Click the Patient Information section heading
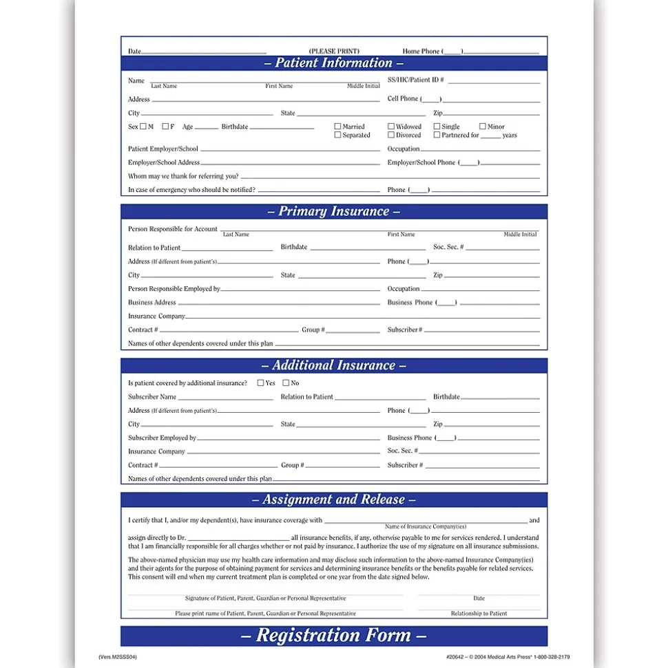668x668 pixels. (x=334, y=63)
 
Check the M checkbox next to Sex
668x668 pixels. (x=143, y=127)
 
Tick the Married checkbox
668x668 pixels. (x=337, y=127)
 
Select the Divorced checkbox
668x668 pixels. (x=391, y=135)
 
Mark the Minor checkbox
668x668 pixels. (x=483, y=127)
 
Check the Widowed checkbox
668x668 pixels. (x=391, y=127)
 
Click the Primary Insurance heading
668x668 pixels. (x=334, y=212)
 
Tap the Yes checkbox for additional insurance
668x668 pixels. (x=261, y=383)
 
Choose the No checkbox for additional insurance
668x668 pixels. (x=286, y=383)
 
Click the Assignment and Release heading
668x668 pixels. (x=334, y=500)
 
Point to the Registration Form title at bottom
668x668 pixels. (x=334, y=636)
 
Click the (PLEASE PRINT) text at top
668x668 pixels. (x=334, y=51)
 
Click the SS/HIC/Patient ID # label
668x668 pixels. (x=415, y=80)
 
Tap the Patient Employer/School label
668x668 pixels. (x=163, y=149)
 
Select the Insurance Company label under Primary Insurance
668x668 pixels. (x=156, y=316)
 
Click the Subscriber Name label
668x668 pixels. (x=152, y=397)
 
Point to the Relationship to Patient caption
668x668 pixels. (x=479, y=613)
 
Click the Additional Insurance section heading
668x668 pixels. (x=334, y=366)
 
